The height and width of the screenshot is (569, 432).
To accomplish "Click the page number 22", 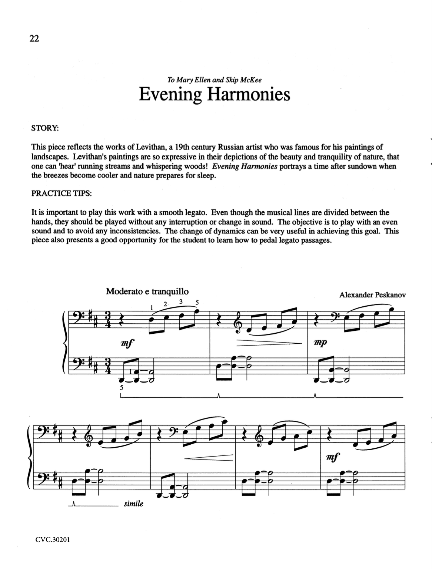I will tap(34, 38).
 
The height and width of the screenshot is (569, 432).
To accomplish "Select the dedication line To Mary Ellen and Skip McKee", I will tap(214, 79).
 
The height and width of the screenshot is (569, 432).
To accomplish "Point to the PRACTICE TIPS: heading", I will tap(61, 193).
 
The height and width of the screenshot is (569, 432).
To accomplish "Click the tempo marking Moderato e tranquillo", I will tap(147, 291).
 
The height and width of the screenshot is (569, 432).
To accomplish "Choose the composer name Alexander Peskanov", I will tap(372, 295).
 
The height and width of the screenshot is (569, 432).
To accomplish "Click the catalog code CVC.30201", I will tap(53, 539).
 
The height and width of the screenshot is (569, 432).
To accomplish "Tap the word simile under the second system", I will tap(133, 504).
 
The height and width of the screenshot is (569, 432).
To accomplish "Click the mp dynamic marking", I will tap(320, 342).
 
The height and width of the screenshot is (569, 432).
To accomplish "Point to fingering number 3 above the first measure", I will tap(181, 302).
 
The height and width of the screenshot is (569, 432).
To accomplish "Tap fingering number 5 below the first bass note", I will tap(121, 388).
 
